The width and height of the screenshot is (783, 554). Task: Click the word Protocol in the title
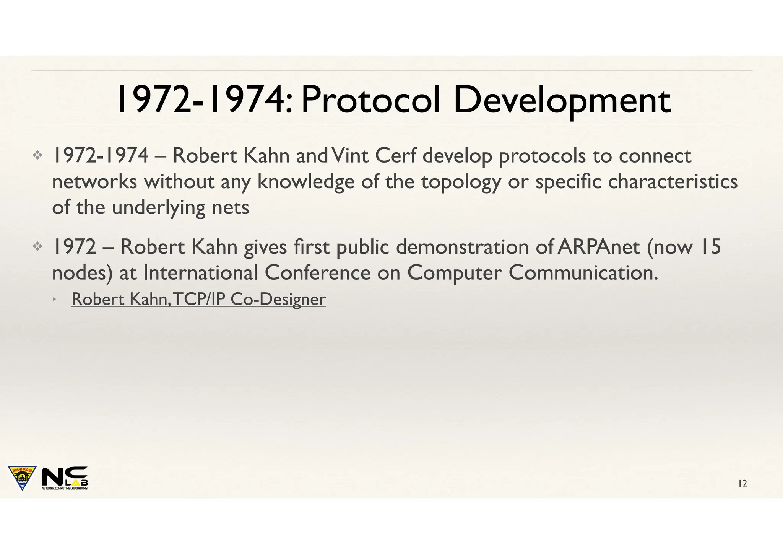(370, 100)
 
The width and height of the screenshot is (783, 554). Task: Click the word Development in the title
(562, 100)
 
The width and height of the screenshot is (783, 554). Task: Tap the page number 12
(742, 484)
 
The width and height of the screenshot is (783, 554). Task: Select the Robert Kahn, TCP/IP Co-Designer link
(198, 299)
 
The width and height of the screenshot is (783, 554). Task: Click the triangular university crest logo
(22, 477)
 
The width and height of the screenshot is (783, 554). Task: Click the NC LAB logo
(65, 478)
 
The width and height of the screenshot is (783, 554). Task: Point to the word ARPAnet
(598, 247)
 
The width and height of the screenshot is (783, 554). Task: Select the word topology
(461, 182)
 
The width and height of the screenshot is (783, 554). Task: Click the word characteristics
(673, 182)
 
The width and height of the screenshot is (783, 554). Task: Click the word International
(200, 273)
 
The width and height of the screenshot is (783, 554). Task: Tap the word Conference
(317, 273)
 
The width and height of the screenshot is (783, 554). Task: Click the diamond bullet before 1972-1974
(37, 155)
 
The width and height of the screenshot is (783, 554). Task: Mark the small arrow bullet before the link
(55, 298)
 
